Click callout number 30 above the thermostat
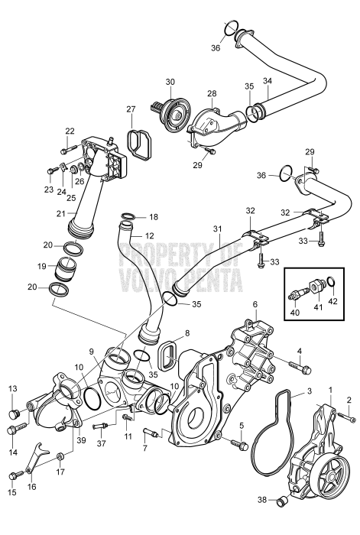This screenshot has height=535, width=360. [x=170, y=81]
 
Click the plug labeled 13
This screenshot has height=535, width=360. [x=13, y=413]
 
